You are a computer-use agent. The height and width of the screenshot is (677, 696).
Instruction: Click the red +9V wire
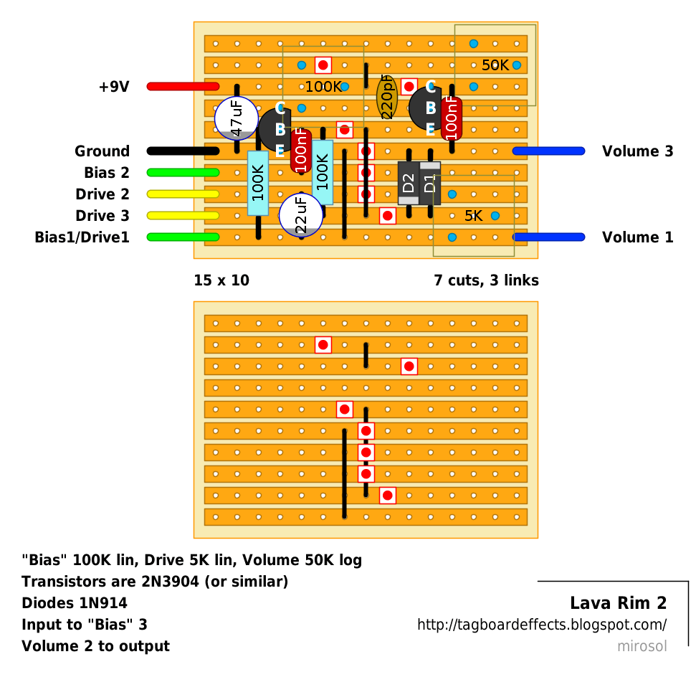point(183,86)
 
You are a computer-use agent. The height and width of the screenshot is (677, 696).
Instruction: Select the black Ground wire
point(183,151)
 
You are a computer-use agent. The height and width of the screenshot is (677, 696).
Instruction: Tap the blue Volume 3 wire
point(548,151)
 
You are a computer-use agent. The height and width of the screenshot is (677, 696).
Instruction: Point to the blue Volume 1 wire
point(548,237)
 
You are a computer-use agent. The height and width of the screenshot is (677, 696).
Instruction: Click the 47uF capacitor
point(236,118)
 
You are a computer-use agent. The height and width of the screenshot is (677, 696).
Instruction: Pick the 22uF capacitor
point(301,215)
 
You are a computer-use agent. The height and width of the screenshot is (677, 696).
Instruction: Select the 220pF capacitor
point(387,97)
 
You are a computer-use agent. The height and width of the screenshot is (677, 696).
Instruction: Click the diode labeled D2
point(409,183)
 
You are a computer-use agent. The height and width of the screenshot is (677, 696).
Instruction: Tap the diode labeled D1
point(429,183)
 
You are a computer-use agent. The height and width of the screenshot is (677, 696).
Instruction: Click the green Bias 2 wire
point(183,172)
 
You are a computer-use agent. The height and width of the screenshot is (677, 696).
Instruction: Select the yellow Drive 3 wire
point(183,215)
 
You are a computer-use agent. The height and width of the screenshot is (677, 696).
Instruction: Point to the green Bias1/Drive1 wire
point(183,237)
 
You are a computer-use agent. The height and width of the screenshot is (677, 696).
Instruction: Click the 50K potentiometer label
point(495,65)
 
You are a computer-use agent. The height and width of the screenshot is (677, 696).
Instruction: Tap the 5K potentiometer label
point(473,216)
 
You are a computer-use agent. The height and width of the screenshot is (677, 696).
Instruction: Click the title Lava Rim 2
point(619,603)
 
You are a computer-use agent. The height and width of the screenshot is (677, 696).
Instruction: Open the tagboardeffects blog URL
point(542,625)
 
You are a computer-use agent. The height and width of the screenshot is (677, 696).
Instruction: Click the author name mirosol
point(642,646)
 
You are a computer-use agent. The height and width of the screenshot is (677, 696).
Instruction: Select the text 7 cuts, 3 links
point(486,280)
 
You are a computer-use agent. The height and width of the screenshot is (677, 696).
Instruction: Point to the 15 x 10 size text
point(221,280)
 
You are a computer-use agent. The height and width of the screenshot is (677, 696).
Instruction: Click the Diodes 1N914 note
point(75,603)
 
